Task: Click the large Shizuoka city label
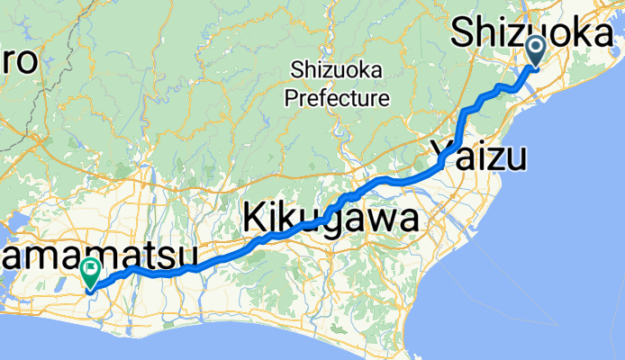(535, 35)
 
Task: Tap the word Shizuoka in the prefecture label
(337, 70)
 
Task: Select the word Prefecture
(337, 97)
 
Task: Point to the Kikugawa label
(331, 219)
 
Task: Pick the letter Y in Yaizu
(442, 154)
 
